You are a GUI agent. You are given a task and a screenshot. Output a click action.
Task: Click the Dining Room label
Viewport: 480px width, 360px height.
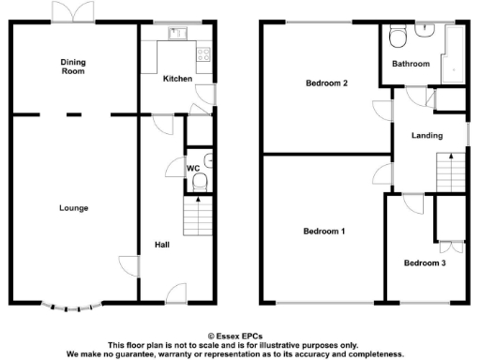72,66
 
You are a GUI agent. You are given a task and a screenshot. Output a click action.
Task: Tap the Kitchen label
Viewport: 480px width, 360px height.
176,79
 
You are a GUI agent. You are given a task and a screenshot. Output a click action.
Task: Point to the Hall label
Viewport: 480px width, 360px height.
161,246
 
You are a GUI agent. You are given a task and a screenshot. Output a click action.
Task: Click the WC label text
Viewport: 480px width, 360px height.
193,169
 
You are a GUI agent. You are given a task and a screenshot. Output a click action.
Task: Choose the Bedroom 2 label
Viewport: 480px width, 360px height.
326,83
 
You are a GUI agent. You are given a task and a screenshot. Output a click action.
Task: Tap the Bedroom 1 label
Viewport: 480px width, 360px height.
323,231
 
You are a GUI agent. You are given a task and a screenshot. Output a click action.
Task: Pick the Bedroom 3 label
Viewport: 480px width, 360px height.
424,263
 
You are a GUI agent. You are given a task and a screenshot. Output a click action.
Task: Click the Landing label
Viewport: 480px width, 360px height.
427,136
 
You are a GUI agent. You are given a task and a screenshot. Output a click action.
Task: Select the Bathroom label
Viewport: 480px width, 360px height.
411,65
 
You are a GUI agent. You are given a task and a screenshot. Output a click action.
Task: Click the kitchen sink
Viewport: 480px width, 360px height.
175,34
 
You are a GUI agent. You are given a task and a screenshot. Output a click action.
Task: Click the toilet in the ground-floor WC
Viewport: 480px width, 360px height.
200,183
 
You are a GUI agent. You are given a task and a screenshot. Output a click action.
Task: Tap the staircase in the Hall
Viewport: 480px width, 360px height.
195,219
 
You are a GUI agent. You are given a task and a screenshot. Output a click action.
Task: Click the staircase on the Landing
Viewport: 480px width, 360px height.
451,173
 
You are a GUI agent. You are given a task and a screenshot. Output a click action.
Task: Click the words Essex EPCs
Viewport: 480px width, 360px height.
239,335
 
